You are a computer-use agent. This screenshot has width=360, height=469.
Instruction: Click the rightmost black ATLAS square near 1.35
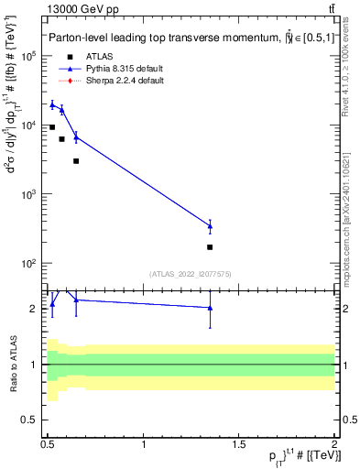210,247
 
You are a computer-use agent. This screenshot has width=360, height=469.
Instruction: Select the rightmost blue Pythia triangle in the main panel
210,225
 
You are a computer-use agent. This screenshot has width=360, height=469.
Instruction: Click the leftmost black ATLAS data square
52,127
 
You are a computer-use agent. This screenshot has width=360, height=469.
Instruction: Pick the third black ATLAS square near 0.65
76,161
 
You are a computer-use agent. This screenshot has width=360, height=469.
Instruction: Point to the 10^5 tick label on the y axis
30,56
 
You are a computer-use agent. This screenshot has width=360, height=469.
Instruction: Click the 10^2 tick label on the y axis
30,264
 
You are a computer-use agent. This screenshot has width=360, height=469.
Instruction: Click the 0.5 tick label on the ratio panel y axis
32,420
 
